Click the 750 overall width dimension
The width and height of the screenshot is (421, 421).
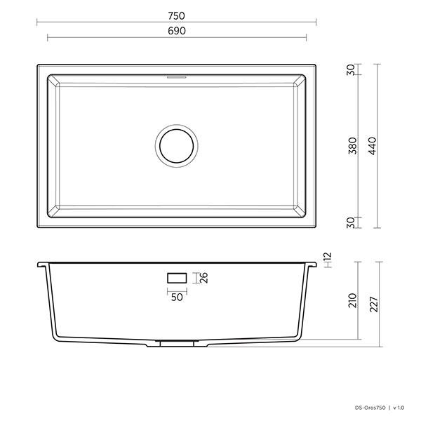pyautogui.click(x=176, y=14)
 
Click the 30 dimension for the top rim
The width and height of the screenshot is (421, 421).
pyautogui.click(x=351, y=72)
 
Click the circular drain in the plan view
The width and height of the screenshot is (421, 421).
pyautogui.click(x=175, y=145)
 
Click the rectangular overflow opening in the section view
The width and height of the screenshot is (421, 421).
pyautogui.click(x=176, y=279)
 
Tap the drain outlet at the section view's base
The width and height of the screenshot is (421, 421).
pyautogui.click(x=175, y=343)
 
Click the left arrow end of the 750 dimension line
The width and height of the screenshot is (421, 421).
pyautogui.click(x=37, y=22)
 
